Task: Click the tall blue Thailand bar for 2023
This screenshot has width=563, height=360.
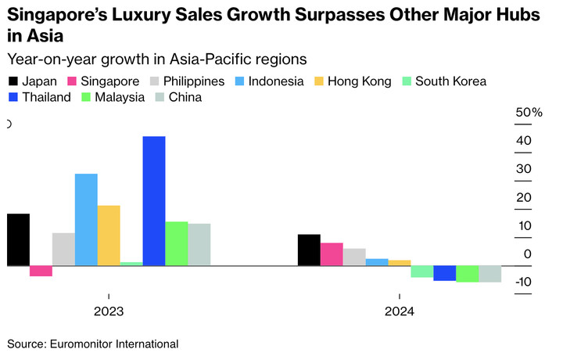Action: [x=154, y=201]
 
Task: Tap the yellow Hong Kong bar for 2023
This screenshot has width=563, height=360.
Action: [x=109, y=236]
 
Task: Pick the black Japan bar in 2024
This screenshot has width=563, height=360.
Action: [x=309, y=250]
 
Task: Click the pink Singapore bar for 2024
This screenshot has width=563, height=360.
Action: [x=332, y=254]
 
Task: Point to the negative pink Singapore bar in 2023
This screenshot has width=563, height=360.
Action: [x=41, y=271]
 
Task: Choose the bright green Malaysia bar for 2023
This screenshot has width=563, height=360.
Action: [x=177, y=243]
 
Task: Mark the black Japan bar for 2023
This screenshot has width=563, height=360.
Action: [x=18, y=239]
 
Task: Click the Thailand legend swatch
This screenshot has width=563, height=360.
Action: [x=13, y=98]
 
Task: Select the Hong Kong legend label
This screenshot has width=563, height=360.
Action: [x=355, y=81]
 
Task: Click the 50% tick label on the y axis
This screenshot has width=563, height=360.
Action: [x=529, y=113]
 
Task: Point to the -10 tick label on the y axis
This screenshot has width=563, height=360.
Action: [x=524, y=282]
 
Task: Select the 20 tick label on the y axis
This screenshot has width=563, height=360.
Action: [x=524, y=197]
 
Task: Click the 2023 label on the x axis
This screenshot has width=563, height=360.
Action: [x=109, y=311]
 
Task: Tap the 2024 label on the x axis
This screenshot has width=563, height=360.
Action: [x=399, y=311]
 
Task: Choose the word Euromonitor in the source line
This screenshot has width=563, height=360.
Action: [x=86, y=344]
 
